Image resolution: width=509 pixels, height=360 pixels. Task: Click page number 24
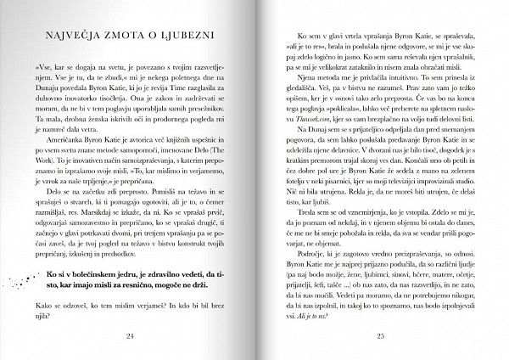(130, 335)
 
